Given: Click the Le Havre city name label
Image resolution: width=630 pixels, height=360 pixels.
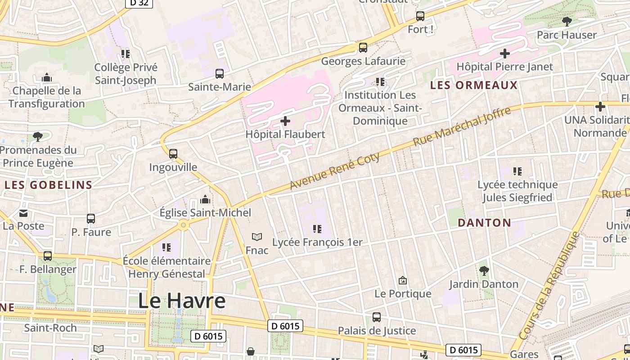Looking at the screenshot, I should coord(181,301).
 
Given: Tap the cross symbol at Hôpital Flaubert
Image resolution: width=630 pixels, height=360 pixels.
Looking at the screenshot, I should coord(285,121).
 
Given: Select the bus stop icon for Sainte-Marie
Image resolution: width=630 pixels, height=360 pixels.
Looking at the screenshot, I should coord(219,74).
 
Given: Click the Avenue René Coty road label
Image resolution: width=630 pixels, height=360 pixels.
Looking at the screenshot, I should coord(335,171).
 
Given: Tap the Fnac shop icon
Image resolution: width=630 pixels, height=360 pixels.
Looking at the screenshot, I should coord(257,237).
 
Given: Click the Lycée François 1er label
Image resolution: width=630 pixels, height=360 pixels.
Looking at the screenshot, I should coord(317,242).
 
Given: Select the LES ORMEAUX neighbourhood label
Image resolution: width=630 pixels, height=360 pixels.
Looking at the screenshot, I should coord(474,85).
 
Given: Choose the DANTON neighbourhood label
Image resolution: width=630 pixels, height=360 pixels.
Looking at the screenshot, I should coord(484,222).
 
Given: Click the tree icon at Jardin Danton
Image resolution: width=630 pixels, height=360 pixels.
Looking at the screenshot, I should coord(484,270).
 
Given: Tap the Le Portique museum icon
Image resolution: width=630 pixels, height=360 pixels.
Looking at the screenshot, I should coord(403,280).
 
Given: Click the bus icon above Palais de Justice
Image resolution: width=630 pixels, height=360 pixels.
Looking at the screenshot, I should coord(377,317).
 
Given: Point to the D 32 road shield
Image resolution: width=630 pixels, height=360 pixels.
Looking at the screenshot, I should coord(139,3).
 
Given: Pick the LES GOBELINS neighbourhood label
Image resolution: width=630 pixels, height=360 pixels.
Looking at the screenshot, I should coord(48,184).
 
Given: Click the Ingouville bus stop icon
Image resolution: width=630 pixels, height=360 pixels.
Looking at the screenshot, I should coord(173,154).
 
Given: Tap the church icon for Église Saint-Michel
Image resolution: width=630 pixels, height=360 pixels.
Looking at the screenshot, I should coord(205,199).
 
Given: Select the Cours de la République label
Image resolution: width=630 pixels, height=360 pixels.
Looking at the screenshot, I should coord(550,286).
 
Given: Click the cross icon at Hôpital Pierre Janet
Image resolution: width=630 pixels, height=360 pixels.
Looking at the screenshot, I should coord(505,54).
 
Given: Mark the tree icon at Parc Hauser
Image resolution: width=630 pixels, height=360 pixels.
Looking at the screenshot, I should coord(567,21).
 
